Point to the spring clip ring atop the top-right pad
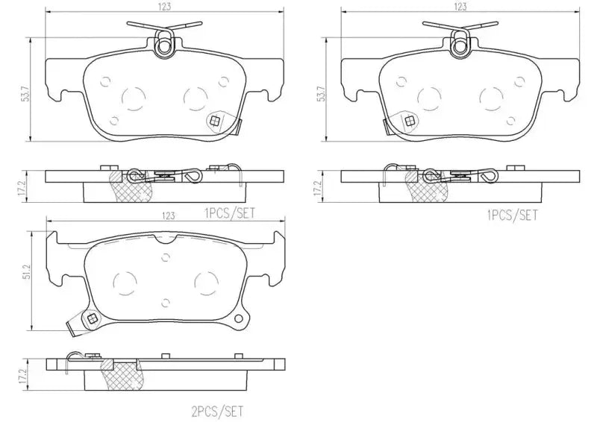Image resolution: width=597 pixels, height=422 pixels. click(x=459, y=48)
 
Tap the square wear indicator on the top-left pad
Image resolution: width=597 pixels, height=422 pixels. click(x=216, y=120)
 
